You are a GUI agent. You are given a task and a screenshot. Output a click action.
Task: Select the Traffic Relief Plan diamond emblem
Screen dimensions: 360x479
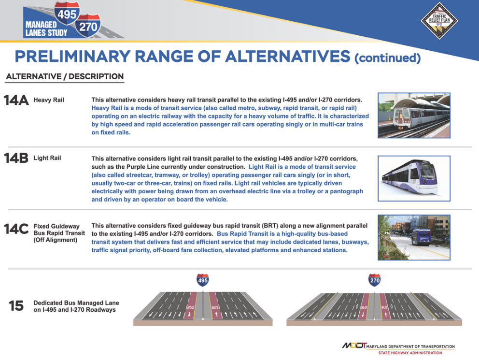click(439, 19)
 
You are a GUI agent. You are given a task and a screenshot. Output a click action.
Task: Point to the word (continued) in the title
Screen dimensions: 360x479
click(387, 58)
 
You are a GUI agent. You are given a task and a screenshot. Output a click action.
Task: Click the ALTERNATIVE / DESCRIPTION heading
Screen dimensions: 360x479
click(65, 76)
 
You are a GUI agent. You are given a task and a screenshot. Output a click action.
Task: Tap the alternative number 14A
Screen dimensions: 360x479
click(16, 101)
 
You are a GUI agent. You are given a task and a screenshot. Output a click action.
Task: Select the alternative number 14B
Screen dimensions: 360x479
click(16, 158)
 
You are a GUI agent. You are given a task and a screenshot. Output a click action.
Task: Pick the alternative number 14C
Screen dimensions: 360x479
click(16, 229)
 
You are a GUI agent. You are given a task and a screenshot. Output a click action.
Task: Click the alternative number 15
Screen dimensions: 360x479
click(16, 305)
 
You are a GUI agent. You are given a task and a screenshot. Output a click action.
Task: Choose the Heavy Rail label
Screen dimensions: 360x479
click(49, 101)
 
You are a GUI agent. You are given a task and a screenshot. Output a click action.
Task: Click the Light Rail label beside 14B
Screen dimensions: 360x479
click(47, 158)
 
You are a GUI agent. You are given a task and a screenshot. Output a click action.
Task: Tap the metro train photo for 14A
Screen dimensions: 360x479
click(414, 115)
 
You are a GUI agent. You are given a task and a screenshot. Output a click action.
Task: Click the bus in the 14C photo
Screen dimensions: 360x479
click(421, 237)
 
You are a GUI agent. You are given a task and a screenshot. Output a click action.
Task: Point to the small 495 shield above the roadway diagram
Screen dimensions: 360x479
click(203, 280)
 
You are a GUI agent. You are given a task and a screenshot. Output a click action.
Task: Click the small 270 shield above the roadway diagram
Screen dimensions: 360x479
click(374, 280)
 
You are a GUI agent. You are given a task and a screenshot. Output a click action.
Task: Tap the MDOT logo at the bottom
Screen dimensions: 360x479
click(354, 346)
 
